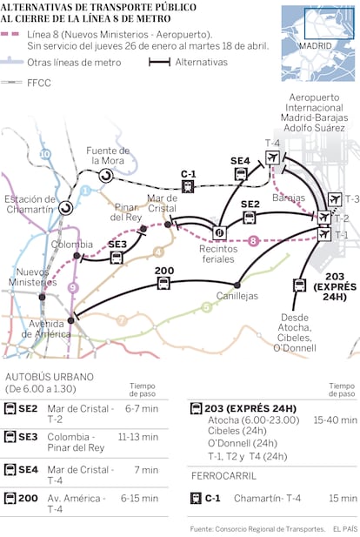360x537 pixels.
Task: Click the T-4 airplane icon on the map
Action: point(273,158)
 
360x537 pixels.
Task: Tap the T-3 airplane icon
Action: point(334,199)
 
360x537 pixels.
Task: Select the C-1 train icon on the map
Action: point(188,186)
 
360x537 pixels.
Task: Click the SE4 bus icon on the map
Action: point(241,174)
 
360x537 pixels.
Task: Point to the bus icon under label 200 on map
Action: point(163,283)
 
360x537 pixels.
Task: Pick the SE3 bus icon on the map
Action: point(117,258)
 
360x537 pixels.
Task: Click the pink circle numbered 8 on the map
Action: point(253,241)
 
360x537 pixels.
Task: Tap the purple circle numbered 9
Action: point(72,288)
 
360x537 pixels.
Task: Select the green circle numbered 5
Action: point(206,307)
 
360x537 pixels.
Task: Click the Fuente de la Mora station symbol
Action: point(106,176)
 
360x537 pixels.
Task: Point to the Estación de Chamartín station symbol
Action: point(65,208)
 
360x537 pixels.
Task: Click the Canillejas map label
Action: point(237,296)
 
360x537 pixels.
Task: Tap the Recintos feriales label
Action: point(218,254)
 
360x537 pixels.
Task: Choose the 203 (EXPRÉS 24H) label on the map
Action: point(335,286)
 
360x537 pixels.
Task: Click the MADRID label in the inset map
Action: point(315,46)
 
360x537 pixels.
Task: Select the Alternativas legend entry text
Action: point(201,62)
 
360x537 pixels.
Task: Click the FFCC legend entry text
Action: point(39,83)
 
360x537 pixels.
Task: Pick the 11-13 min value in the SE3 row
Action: point(138,437)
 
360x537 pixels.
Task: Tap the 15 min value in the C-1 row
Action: point(343,498)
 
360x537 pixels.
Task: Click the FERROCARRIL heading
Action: point(223,476)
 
